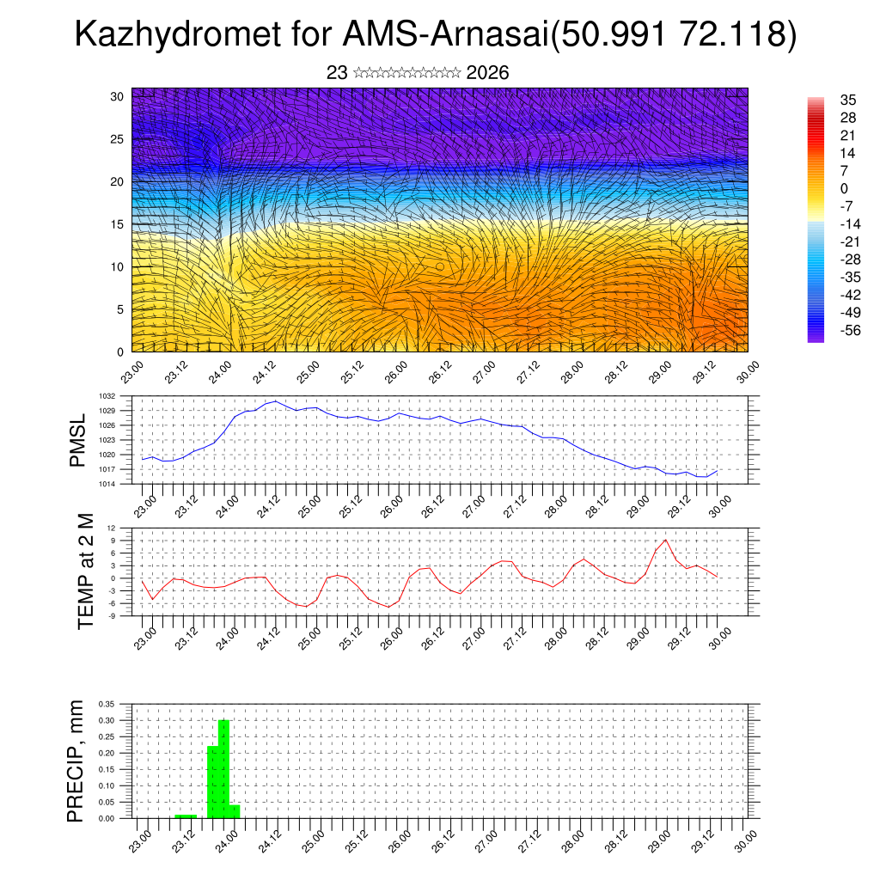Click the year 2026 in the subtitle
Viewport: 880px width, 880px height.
pos(487,73)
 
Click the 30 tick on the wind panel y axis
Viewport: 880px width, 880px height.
pos(117,96)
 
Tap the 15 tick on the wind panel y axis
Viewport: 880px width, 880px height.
pos(117,224)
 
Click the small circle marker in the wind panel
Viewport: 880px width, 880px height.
pos(440,266)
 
